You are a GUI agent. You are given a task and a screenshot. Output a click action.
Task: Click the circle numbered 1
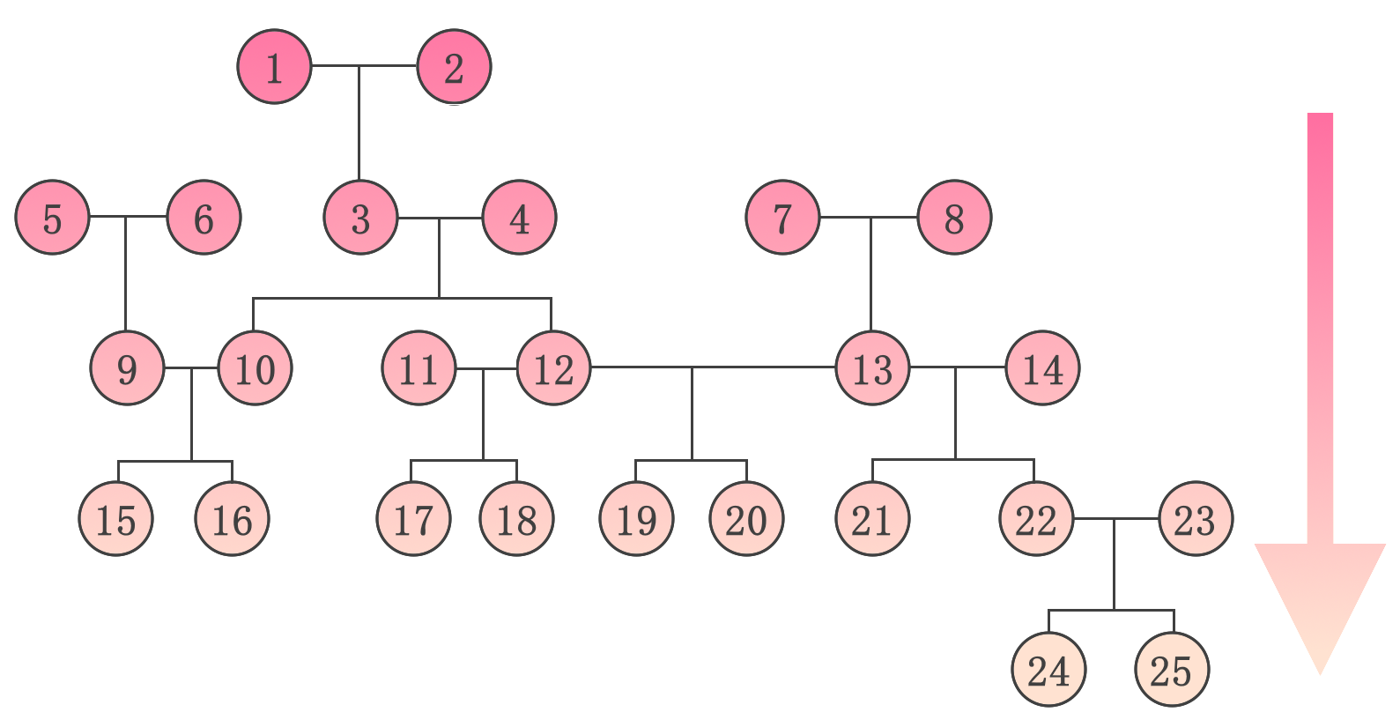(x=274, y=67)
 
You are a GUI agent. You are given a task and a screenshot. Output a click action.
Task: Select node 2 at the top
(x=454, y=67)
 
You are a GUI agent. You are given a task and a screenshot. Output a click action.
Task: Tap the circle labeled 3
(x=360, y=218)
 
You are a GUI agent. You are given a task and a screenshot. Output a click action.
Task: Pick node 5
(x=52, y=218)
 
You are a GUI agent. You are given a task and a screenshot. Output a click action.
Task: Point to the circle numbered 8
(x=954, y=218)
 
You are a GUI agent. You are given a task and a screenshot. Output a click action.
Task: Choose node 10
(x=255, y=368)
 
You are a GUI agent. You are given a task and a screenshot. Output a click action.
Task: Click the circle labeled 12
(x=554, y=368)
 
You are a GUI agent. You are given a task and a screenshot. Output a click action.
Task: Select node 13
(x=872, y=368)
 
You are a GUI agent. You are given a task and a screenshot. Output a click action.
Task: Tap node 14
(x=1042, y=368)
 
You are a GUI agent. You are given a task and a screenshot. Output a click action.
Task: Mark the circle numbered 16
(x=232, y=519)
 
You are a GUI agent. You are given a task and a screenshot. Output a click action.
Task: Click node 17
(x=413, y=519)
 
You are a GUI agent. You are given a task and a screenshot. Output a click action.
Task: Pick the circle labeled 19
(x=636, y=519)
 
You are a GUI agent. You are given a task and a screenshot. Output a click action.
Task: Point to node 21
(x=872, y=519)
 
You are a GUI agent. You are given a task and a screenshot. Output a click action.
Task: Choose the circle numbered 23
(x=1195, y=519)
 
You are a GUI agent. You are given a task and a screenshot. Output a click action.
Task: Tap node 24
(x=1048, y=670)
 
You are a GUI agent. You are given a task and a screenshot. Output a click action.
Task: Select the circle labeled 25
(x=1172, y=670)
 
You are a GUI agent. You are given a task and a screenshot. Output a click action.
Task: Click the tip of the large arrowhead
(x=1320, y=674)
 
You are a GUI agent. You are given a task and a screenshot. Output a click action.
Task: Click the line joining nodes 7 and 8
(x=846, y=217)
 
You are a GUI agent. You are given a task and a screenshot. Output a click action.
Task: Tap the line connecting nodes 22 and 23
(x=1137, y=518)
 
